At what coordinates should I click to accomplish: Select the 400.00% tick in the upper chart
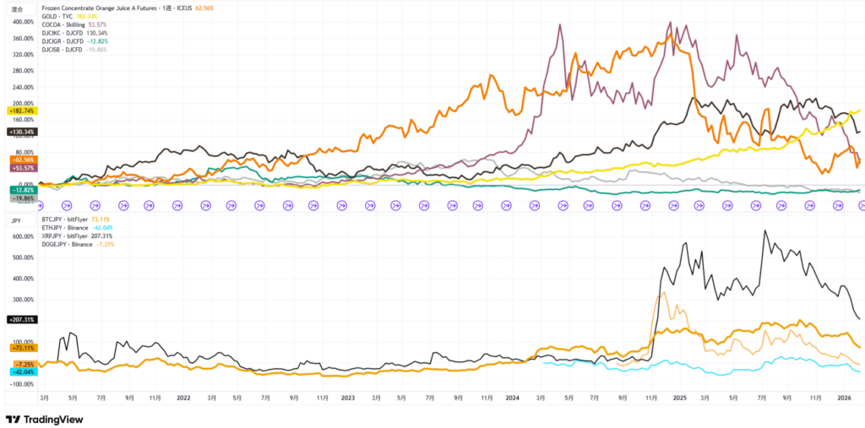20,21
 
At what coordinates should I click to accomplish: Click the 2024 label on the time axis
513,396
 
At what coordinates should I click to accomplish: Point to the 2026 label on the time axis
842,396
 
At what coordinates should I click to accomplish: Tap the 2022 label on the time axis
183,396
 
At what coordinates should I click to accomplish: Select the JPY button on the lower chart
16,219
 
